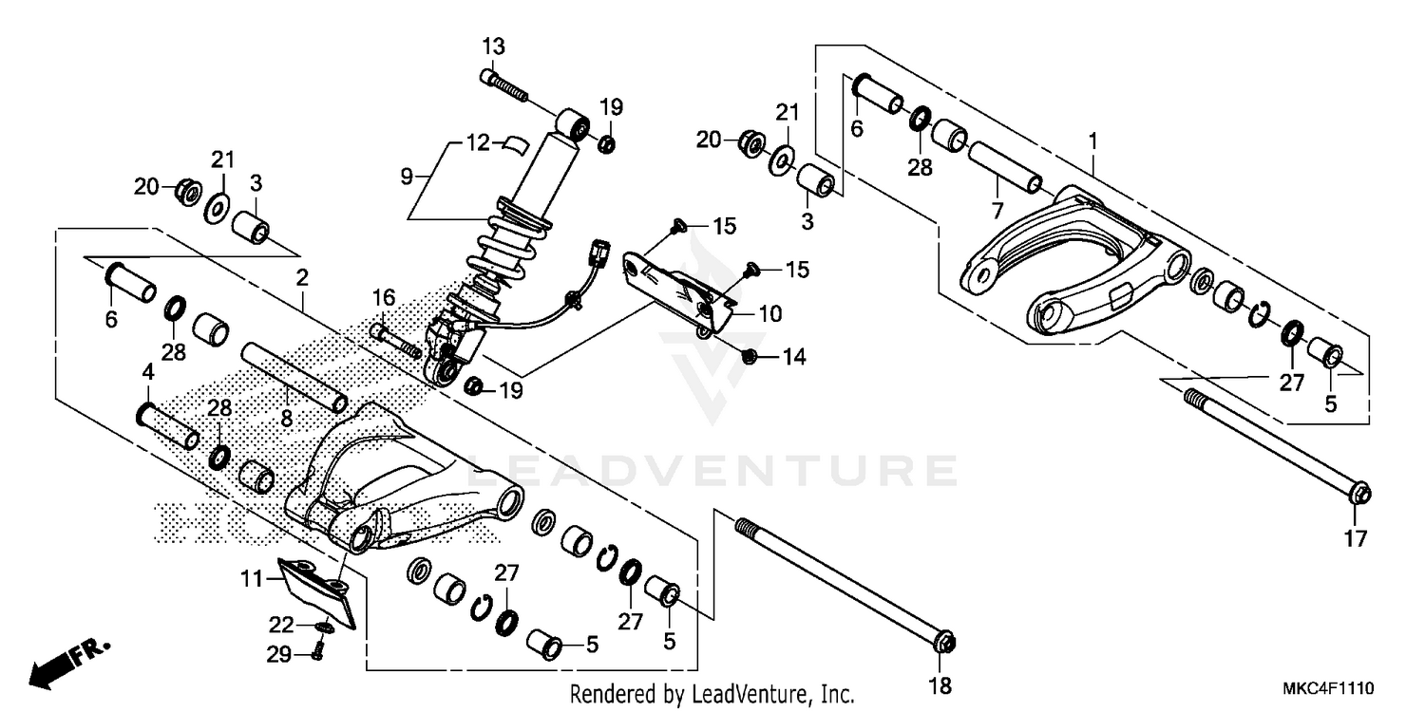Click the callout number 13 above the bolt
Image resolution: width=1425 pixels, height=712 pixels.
point(493,47)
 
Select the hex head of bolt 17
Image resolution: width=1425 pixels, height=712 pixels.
point(1359,495)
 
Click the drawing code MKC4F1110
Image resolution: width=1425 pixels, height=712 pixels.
point(1331,687)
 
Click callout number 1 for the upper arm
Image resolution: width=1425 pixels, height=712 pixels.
point(1092,141)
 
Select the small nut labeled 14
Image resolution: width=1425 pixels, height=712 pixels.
point(748,356)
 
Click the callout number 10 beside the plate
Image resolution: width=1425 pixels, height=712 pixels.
point(769,312)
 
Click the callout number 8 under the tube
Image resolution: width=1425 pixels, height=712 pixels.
point(285,417)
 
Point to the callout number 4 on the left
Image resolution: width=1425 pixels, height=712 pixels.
point(147,371)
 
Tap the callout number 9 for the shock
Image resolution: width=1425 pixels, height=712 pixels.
point(407,177)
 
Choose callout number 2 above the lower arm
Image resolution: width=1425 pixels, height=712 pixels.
point(302,278)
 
